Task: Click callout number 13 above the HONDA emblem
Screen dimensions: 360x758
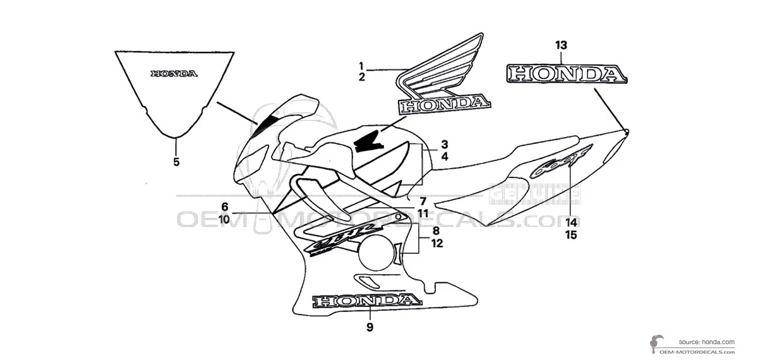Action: click(x=561, y=45)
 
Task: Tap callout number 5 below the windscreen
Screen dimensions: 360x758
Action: click(x=176, y=162)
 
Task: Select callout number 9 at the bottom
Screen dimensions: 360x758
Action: click(x=370, y=327)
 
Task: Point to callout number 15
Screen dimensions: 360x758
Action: click(x=571, y=235)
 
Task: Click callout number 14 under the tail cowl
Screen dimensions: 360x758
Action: click(x=571, y=222)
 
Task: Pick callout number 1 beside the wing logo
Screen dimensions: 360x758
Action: click(x=362, y=66)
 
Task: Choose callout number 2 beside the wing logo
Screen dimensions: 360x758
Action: click(x=362, y=77)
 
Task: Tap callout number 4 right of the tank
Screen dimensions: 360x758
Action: click(x=445, y=155)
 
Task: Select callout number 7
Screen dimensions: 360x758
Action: click(x=423, y=201)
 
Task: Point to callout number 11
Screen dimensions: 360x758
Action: click(x=423, y=213)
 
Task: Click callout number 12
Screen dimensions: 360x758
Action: click(x=436, y=243)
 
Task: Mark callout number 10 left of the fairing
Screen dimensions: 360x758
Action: click(x=224, y=219)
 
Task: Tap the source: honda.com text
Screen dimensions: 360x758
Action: click(x=707, y=342)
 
